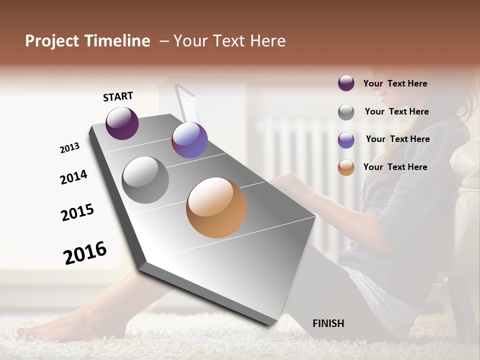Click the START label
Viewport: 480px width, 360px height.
(118, 96)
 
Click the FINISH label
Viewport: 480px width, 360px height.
(328, 323)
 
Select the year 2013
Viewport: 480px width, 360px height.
(69, 148)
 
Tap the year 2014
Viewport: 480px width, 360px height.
(73, 177)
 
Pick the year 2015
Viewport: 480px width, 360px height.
(77, 212)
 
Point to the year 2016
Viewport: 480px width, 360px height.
(85, 253)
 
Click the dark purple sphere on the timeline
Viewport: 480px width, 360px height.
(122, 123)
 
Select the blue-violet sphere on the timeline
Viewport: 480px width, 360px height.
(189, 140)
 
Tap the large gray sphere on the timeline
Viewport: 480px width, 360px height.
(145, 180)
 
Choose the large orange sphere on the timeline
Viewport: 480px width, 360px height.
(216, 207)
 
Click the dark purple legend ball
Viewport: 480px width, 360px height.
(346, 83)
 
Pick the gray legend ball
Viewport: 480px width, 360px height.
(346, 112)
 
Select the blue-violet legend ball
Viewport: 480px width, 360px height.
(346, 140)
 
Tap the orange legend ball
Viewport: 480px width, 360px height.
(346, 167)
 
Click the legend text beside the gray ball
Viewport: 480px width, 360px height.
(396, 111)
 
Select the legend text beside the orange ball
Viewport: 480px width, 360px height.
(395, 167)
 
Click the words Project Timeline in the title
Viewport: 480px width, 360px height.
(87, 41)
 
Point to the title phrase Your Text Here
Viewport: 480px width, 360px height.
(229, 41)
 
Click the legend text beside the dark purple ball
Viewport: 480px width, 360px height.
(395, 83)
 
